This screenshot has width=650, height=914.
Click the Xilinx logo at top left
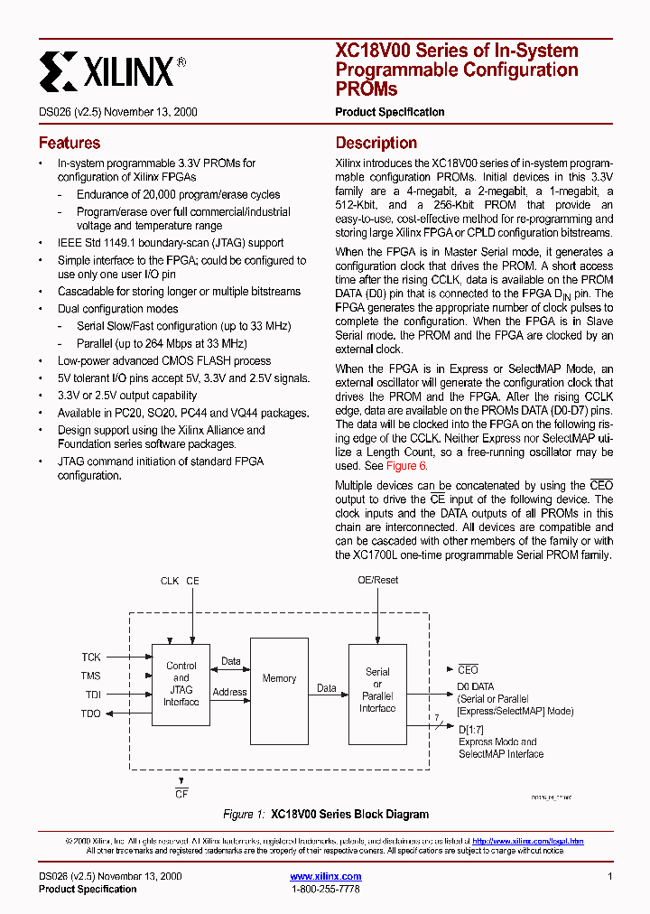[x=112, y=70]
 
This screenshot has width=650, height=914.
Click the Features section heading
[x=70, y=143]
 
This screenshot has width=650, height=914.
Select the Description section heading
[x=376, y=143]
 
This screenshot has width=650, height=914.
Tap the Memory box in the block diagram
[x=279, y=678]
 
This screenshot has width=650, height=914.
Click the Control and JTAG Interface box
[x=181, y=684]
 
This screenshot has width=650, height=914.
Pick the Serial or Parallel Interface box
[x=377, y=690]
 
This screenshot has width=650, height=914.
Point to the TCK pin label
[x=91, y=658]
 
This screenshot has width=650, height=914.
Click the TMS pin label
[x=91, y=676]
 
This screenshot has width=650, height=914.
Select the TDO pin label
[x=91, y=713]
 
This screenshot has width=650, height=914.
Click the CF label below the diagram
[x=181, y=794]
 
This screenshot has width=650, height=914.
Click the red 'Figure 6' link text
[x=406, y=466]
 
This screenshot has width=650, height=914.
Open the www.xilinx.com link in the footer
[x=325, y=876]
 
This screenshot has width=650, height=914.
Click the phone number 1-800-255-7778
[x=325, y=890]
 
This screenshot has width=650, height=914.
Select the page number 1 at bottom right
[x=610, y=876]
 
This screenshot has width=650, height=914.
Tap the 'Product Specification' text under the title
[x=389, y=112]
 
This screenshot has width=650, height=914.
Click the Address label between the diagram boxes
[x=229, y=693]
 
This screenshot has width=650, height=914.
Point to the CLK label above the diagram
[x=169, y=581]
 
